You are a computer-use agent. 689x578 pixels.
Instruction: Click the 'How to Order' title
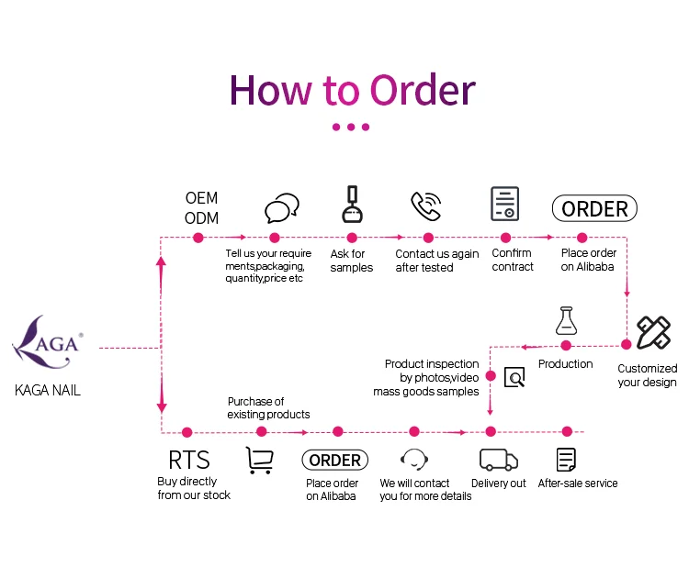pos(352,90)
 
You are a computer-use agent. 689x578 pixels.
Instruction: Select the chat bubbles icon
pos(281,209)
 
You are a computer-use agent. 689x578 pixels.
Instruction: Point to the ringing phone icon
pos(425,206)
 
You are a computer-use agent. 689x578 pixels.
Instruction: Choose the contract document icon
pos(504,204)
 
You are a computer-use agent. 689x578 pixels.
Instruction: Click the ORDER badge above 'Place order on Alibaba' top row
pos(594,209)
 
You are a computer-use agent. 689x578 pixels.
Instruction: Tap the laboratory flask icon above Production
pos(566,320)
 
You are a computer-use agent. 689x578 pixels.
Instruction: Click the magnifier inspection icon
pos(514,376)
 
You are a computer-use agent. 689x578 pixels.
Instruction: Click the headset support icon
pos(415,460)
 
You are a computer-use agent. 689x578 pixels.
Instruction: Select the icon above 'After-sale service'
pos(566,460)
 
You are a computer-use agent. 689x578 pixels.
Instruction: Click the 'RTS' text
pos(188,460)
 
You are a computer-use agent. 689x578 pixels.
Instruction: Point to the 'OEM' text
pos(201,198)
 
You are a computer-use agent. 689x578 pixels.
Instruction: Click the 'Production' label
pos(566,364)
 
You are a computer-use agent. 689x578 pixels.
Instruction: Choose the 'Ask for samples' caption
pos(351,261)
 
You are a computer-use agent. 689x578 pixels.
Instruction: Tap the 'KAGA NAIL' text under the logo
pos(48,390)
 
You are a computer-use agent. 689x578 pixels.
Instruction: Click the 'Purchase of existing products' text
pos(268,407)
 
